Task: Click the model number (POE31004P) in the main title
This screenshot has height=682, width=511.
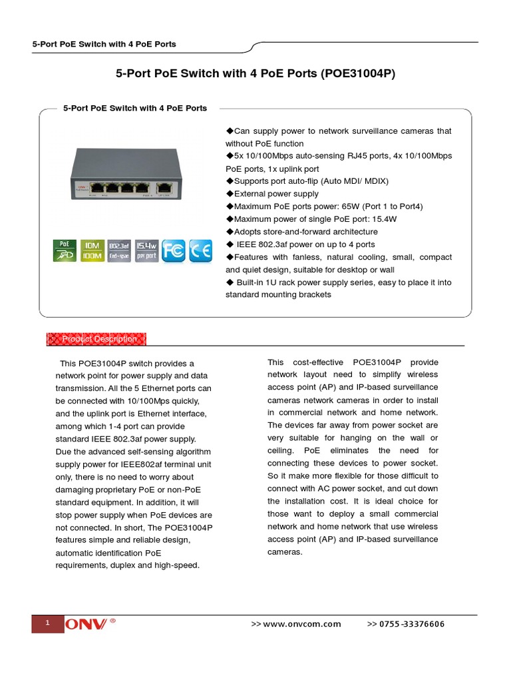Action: [357, 73]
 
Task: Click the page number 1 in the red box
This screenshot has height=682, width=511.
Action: [47, 623]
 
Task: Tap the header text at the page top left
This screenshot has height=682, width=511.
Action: [104, 44]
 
